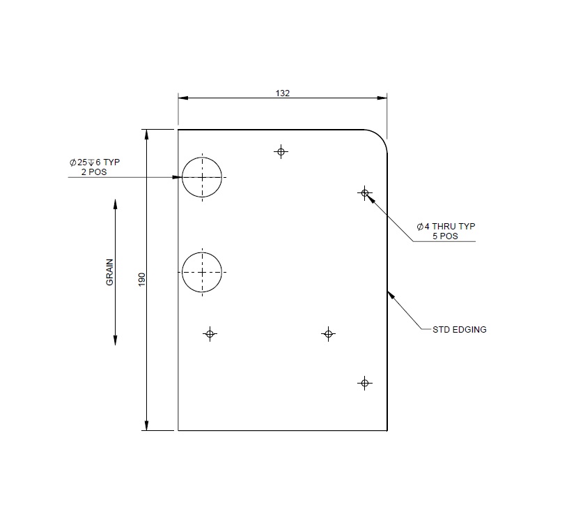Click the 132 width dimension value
pyautogui.click(x=282, y=93)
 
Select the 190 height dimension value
pyautogui.click(x=141, y=280)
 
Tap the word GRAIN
pyautogui.click(x=109, y=273)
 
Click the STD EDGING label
pyautogui.click(x=459, y=329)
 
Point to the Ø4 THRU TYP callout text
pyautogui.click(x=446, y=227)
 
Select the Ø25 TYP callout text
pyautogui.click(x=95, y=162)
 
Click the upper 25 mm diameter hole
pyautogui.click(x=202, y=177)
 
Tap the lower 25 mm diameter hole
pyautogui.click(x=202, y=272)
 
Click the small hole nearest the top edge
pyautogui.click(x=281, y=151)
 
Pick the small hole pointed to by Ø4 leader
pyautogui.click(x=364, y=192)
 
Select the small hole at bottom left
pyautogui.click(x=210, y=334)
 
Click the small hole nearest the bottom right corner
pyautogui.click(x=364, y=383)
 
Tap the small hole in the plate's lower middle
pyautogui.click(x=328, y=334)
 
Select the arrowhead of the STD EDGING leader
pyautogui.click(x=390, y=294)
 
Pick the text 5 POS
pyautogui.click(x=445, y=236)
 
